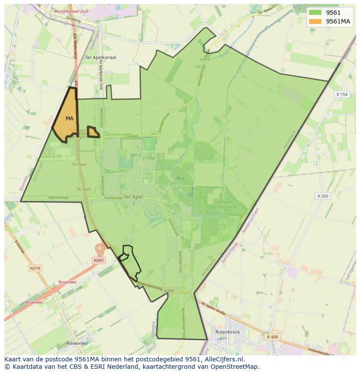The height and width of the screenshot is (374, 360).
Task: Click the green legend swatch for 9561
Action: [315, 13]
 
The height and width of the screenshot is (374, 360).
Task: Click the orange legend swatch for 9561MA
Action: [315, 21]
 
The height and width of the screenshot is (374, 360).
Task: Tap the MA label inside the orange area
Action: [70, 118]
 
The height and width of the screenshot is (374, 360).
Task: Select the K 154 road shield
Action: [342, 94]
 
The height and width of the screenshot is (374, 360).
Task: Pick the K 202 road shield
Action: [323, 196]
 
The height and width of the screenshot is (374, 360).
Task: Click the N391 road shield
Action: [99, 260]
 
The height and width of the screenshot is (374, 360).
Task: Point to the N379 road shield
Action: [35, 268]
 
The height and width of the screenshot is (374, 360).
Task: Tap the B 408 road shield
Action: [272, 337]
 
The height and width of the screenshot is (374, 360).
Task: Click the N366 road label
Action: [169, 291]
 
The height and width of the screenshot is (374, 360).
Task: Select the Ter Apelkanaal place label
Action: [100, 57]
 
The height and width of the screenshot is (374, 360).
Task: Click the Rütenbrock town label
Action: [227, 332]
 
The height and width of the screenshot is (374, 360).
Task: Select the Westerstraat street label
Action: [59, 197]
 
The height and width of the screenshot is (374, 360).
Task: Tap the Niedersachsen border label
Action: [252, 222]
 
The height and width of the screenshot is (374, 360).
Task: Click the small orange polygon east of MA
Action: [93, 132]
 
